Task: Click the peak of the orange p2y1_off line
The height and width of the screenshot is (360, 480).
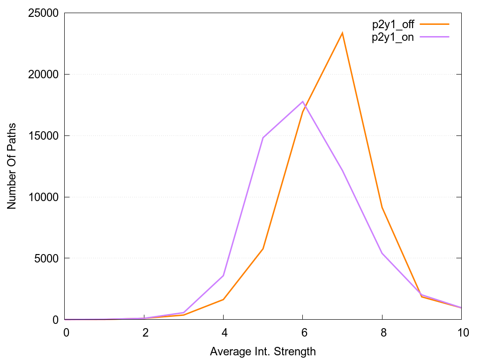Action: click(x=343, y=33)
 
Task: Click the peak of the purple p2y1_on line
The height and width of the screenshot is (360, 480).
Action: click(x=303, y=101)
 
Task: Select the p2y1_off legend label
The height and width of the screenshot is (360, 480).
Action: click(x=393, y=25)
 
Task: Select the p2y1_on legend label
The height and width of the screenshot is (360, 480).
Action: click(x=393, y=38)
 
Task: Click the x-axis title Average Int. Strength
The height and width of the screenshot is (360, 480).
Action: click(x=263, y=351)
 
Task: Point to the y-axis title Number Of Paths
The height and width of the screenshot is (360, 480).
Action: click(x=11, y=166)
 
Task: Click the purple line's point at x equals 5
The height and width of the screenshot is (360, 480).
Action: click(x=263, y=138)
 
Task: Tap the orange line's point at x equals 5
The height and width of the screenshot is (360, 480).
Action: click(x=263, y=248)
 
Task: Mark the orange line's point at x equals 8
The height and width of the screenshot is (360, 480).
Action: click(x=382, y=207)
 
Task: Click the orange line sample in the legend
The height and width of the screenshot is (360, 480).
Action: click(x=435, y=23)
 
